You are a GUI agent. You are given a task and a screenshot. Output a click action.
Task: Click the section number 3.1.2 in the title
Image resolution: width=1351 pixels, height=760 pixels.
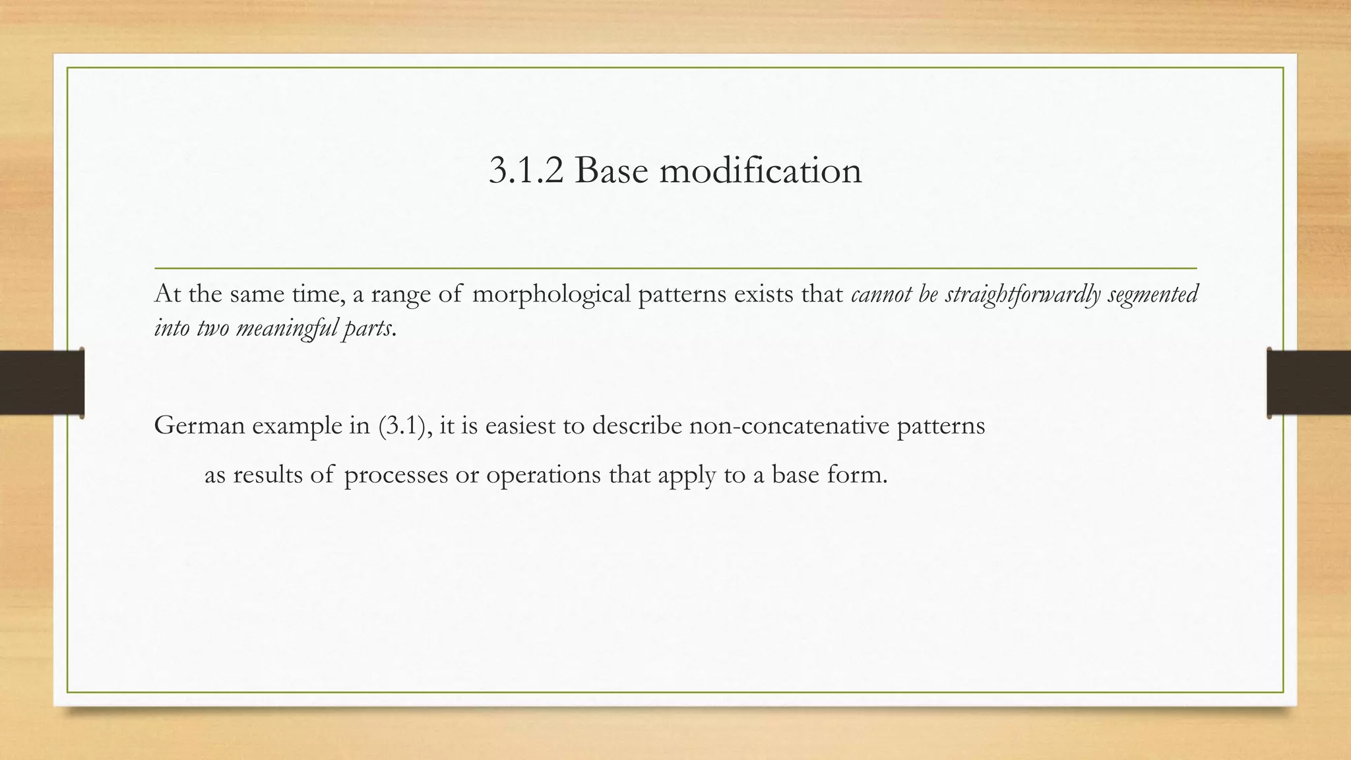tap(526, 171)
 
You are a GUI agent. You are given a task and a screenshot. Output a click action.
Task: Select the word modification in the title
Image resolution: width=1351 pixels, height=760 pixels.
tap(760, 171)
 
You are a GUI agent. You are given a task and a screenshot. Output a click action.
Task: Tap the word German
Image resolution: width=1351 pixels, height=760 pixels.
tap(199, 426)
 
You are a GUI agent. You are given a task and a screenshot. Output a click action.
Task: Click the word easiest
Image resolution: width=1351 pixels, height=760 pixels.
tap(520, 426)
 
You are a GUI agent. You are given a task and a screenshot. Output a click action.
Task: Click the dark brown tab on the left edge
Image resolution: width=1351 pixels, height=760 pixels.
tap(42, 383)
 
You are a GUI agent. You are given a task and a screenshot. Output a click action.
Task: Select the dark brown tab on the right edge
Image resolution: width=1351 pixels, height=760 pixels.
tap(1309, 383)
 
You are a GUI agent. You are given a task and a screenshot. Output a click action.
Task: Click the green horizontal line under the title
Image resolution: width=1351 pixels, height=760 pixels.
tap(675, 269)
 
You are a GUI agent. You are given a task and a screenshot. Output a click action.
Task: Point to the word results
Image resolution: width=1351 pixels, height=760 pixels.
tap(271, 475)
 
